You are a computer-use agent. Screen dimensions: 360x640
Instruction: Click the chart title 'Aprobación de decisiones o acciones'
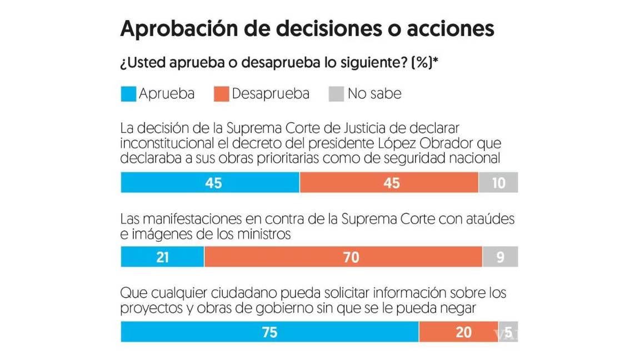click(307, 29)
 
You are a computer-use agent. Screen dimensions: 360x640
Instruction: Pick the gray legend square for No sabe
click(337, 94)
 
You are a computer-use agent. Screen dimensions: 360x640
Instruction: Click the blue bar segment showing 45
click(210, 183)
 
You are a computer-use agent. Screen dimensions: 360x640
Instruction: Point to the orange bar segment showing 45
click(389, 183)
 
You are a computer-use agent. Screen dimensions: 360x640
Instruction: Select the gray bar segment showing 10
click(498, 183)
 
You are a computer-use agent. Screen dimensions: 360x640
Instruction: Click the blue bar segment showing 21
click(162, 257)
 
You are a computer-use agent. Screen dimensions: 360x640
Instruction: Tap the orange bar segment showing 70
click(343, 257)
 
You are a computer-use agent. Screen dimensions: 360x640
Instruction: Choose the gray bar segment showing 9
click(500, 257)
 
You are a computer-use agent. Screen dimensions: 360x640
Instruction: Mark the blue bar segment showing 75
click(269, 332)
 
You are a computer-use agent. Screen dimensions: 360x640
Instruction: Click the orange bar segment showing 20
click(458, 332)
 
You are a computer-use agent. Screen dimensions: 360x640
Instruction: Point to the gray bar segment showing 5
click(508, 332)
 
